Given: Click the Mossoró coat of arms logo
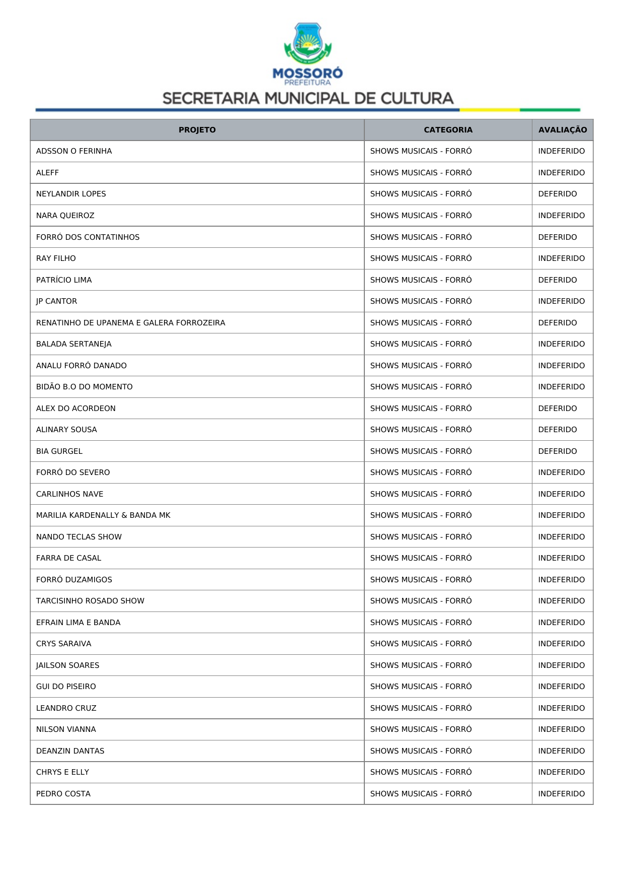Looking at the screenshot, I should tap(307, 43).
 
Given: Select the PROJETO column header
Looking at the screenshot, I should tap(197, 130).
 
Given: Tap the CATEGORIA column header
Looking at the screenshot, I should tap(448, 130).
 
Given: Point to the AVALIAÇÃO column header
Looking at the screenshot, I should tap(562, 130).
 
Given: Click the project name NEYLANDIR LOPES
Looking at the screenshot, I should tap(71, 194).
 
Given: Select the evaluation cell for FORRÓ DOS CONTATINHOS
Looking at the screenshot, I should tap(557, 237).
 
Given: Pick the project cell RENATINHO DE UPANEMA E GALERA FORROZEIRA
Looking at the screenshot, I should tap(130, 323).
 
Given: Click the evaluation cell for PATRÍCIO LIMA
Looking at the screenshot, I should tap(557, 280).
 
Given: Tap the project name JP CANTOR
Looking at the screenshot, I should tap(56, 301).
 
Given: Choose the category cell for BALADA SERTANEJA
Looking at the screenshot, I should tap(421, 344).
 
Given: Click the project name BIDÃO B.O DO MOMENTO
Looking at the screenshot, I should tap(84, 387).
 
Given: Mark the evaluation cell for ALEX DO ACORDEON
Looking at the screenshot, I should tap(557, 409).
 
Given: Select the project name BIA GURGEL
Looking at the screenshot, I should tap(59, 451).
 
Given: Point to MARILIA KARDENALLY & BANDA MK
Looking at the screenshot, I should tap(103, 515).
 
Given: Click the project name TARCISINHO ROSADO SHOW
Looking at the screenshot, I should tap(90, 601).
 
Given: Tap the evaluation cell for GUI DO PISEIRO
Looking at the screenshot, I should tap(561, 687).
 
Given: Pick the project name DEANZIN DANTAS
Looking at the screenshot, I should tap(70, 751).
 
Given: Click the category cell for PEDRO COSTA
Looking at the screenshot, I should tap(421, 794).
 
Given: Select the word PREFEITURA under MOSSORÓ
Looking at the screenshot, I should tap(307, 83).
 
